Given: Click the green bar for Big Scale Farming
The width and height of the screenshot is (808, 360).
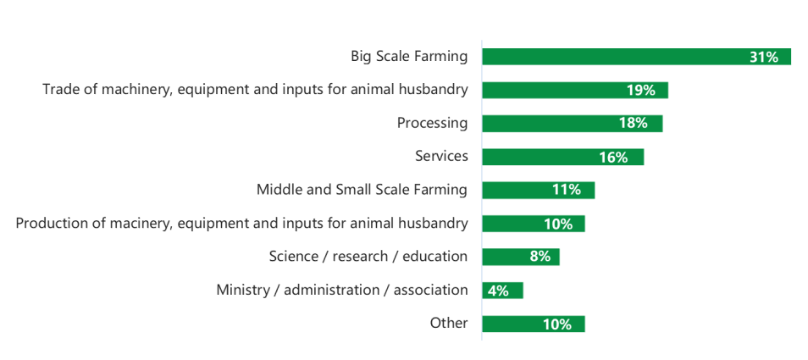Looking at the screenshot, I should (x=610, y=57).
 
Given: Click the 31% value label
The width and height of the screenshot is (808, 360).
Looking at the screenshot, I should (x=763, y=57).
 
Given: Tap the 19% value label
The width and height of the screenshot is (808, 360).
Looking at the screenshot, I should (x=641, y=91).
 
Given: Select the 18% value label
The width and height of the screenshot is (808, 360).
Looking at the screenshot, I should (x=633, y=124).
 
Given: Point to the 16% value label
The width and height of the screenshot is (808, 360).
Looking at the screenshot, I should (x=613, y=157).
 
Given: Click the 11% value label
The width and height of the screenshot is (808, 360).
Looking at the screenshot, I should (x=566, y=190).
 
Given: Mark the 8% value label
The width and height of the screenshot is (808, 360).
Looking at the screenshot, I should (x=540, y=257).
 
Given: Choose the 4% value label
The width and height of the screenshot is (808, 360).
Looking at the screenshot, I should (x=497, y=291).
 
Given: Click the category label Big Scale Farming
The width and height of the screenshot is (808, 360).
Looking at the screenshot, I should (x=409, y=57).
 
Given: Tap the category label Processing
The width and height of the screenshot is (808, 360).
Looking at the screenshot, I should (x=432, y=123).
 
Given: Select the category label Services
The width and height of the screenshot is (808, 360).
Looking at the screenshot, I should (x=441, y=156).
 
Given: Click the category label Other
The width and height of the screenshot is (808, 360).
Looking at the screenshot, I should (x=448, y=323).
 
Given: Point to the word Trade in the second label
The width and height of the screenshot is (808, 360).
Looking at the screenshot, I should (x=61, y=90).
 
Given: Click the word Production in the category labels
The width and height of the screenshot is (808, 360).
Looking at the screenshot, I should (x=53, y=223).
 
